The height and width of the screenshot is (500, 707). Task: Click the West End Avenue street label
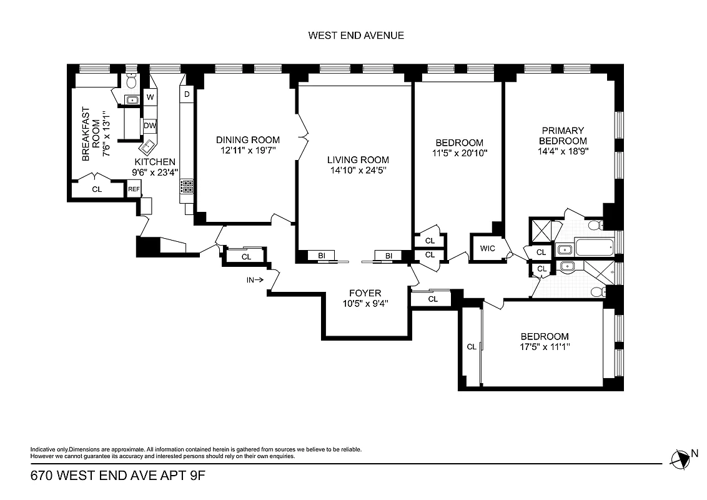point(356,35)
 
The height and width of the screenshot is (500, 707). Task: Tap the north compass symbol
point(680,459)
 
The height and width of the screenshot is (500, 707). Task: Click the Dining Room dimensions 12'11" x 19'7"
point(248,151)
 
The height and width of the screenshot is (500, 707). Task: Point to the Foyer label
point(365,293)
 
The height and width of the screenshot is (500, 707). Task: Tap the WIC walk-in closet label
point(488,249)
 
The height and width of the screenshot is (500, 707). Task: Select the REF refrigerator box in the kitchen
point(134,189)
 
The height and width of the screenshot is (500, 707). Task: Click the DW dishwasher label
point(150,125)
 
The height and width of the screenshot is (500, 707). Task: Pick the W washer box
point(150,97)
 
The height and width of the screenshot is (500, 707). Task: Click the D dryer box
point(186,94)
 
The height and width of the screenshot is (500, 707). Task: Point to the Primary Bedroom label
point(563,136)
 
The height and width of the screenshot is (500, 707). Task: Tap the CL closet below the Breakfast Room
point(97,189)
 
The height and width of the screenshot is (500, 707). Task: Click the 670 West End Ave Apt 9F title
point(118,476)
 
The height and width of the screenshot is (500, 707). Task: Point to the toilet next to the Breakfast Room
point(132,81)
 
